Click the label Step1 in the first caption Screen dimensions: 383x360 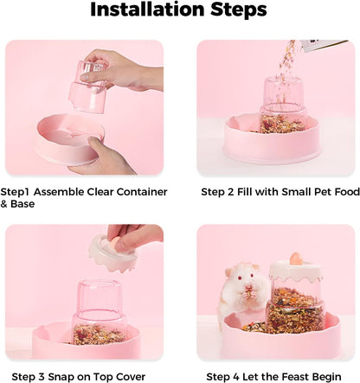tap(18, 192)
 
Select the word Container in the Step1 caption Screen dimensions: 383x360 tap(140, 192)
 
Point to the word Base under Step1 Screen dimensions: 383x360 tap(26, 204)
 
